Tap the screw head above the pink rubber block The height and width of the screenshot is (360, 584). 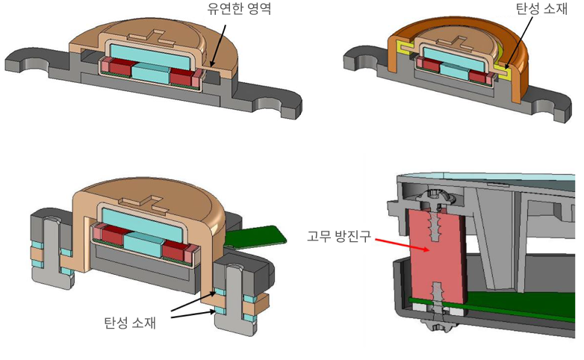click(435, 199)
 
